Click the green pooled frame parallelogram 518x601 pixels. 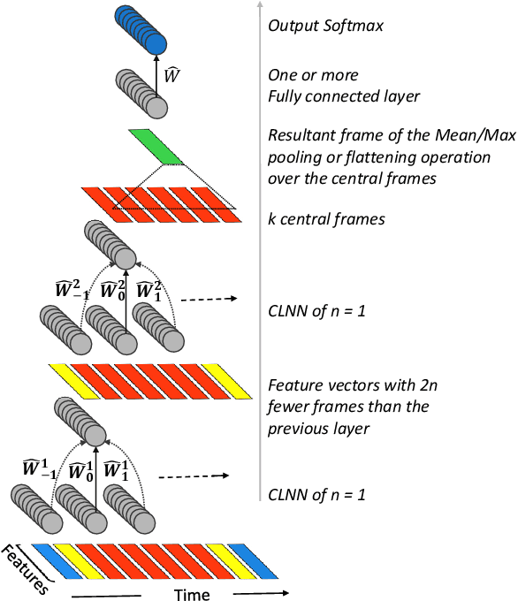(x=156, y=147)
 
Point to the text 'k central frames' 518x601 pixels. (x=326, y=218)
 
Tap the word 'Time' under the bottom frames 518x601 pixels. (x=192, y=595)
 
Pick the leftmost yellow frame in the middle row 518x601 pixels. (x=70, y=378)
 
